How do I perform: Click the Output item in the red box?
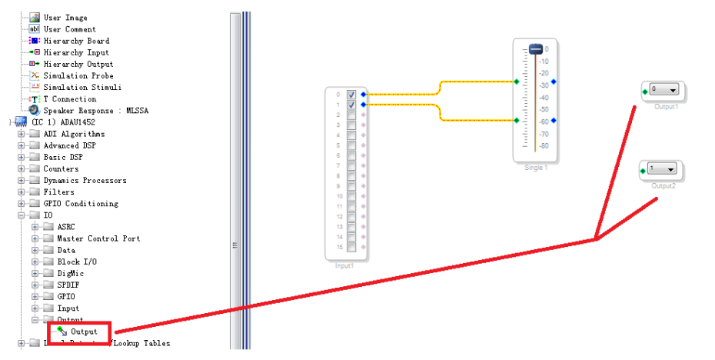(84, 332)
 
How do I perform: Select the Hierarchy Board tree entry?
(76, 41)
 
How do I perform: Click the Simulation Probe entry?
(78, 75)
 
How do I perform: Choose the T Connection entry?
(69, 99)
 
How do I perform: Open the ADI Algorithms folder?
(74, 134)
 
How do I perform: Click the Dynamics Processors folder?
(85, 180)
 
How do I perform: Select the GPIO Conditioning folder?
(81, 204)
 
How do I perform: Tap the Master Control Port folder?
(98, 238)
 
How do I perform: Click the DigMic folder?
(69, 273)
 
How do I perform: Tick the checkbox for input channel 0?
(351, 94)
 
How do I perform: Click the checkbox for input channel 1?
(351, 104)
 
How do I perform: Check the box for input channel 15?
(351, 247)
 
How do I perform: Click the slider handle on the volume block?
(536, 49)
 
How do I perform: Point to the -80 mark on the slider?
(543, 145)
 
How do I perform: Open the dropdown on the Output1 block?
(673, 90)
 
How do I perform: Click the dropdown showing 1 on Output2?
(671, 169)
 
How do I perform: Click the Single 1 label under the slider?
(535, 167)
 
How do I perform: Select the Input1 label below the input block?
(344, 265)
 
